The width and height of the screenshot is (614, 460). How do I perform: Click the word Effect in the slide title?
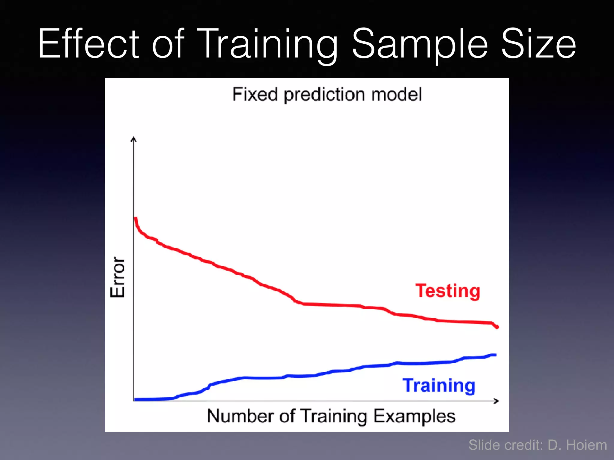click(88, 43)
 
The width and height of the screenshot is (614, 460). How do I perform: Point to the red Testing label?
click(448, 291)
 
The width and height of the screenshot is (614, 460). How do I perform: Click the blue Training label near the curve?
click(439, 385)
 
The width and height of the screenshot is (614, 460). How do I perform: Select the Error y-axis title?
click(117, 277)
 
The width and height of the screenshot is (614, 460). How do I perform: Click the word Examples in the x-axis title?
click(414, 416)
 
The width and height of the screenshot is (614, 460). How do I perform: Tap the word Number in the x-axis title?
click(241, 416)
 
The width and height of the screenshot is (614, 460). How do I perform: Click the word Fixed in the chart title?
click(255, 95)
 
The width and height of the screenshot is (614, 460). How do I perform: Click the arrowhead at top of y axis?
click(134, 139)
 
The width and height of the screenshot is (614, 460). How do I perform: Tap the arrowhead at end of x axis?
click(496, 401)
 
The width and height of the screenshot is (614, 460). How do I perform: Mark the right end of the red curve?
click(497, 327)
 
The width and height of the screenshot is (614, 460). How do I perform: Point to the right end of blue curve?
click(495, 355)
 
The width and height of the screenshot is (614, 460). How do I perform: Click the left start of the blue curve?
click(136, 400)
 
